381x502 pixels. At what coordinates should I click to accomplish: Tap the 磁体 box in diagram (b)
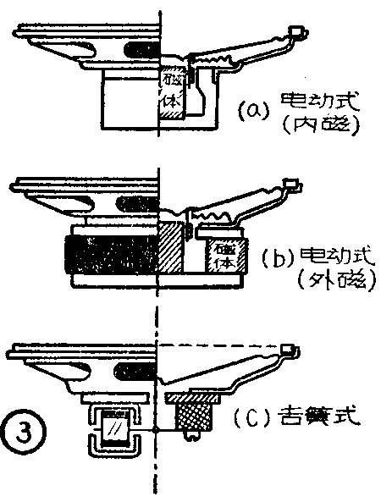point(226,255)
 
